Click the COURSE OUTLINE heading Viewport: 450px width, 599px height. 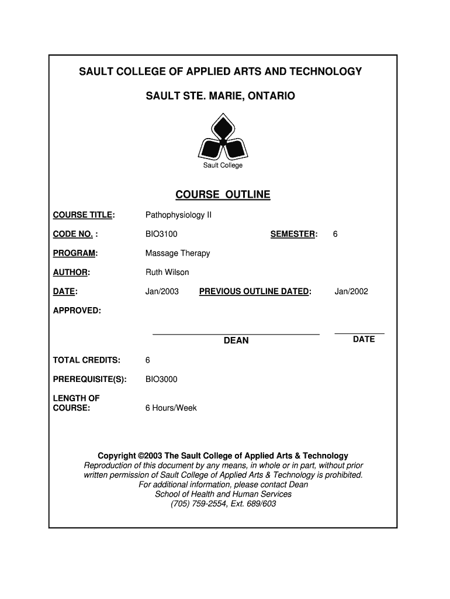coord(223,195)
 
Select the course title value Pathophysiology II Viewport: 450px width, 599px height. coord(178,215)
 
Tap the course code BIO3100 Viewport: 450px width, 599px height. coord(161,234)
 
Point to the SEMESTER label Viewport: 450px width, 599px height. coord(293,234)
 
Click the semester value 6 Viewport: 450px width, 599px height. coord(335,234)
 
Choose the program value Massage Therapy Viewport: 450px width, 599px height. coord(178,253)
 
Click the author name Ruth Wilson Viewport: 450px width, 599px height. coord(167,272)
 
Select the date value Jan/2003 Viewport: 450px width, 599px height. coord(162,291)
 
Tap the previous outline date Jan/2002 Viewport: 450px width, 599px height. coord(351,291)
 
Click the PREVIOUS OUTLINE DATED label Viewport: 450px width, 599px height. coord(255,291)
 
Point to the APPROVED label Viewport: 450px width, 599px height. coord(77,310)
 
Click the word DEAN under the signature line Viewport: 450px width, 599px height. coord(236,340)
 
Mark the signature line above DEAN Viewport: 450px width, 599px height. coord(236,334)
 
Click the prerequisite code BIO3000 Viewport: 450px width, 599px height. coord(161,379)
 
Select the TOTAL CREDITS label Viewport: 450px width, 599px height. coord(86,360)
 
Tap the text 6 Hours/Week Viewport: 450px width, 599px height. coord(171,408)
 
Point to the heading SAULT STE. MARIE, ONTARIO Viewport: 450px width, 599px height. coord(220,95)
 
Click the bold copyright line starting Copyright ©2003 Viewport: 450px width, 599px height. coord(223,456)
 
